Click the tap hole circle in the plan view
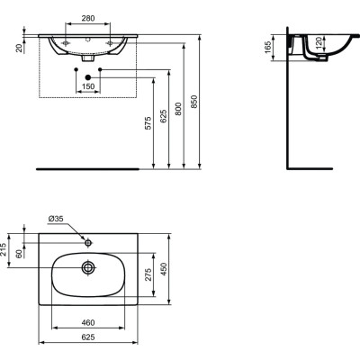pos(88,241)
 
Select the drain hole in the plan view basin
pos(88,267)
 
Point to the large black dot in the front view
pos(88,87)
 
